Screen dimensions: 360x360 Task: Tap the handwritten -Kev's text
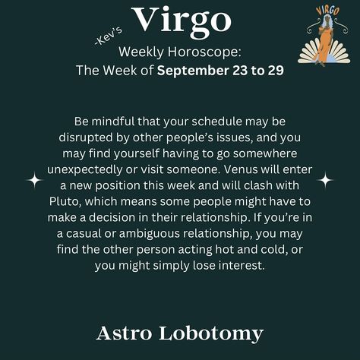coord(108,36)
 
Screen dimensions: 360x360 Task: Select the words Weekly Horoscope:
coord(180,52)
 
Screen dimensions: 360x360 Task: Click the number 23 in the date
coord(240,71)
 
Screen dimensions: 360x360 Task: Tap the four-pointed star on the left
coord(34,180)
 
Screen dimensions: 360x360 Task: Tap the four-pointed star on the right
coord(325,180)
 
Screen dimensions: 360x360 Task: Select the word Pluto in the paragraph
coord(65,201)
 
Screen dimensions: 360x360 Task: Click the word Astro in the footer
coord(124,333)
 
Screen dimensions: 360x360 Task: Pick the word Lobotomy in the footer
coord(211,334)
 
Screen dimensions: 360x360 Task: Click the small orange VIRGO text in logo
coord(327,11)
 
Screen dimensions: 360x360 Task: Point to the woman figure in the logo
coord(324,39)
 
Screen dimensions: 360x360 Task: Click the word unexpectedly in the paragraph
coord(84,170)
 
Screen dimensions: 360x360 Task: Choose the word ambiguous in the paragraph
coord(150,234)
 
